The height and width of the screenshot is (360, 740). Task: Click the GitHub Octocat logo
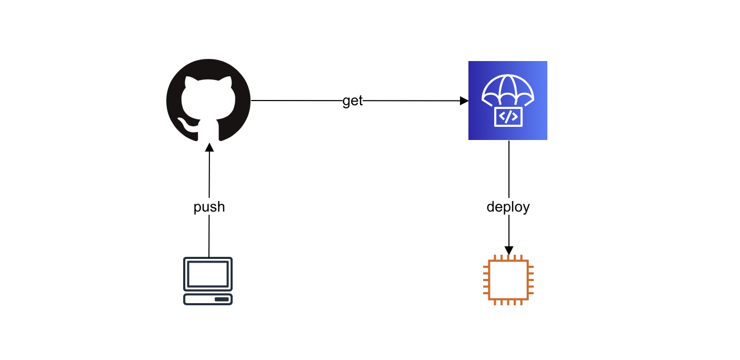(x=208, y=101)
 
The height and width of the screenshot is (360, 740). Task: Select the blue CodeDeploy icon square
(x=507, y=101)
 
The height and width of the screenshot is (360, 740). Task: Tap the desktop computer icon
(x=208, y=281)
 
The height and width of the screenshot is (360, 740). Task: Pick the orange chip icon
(x=508, y=280)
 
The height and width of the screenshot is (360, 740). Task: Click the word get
(x=353, y=101)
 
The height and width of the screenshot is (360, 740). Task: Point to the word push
(x=209, y=207)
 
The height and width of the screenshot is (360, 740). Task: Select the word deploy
(x=508, y=207)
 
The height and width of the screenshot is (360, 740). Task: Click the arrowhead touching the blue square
(x=464, y=101)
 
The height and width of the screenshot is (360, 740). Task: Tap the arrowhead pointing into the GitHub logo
(x=209, y=146)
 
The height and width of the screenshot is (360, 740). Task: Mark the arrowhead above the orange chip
(x=508, y=250)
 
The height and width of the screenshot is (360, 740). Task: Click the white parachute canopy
(x=508, y=88)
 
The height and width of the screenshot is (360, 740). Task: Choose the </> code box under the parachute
(x=508, y=116)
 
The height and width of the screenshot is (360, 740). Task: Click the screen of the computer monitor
(x=208, y=274)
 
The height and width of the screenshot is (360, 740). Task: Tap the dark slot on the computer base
(x=222, y=299)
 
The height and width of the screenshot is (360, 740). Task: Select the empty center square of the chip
(x=508, y=280)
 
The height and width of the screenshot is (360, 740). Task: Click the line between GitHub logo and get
(x=295, y=101)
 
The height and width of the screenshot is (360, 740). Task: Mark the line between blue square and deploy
(x=508, y=168)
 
